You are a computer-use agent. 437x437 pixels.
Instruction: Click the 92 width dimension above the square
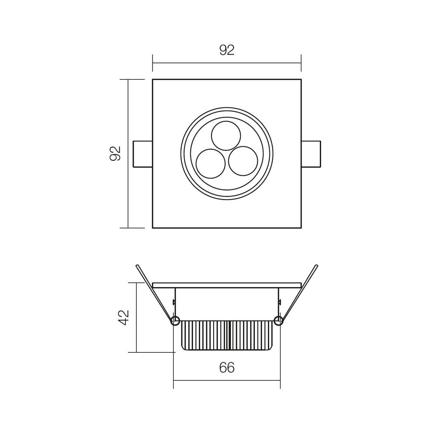point(227,50)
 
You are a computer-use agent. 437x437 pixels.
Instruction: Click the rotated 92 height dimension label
point(115,153)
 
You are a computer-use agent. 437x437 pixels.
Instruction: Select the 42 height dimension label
point(124,317)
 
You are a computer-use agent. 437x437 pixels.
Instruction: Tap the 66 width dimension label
point(227,368)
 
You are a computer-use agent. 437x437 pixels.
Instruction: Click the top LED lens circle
point(226,135)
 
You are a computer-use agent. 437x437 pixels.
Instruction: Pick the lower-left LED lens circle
point(211,163)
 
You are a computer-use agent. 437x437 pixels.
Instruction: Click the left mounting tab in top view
point(143,154)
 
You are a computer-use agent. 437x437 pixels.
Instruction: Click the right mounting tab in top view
point(311,154)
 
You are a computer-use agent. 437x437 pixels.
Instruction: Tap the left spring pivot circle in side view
point(175,321)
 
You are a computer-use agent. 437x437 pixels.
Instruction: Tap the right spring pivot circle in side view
point(278,321)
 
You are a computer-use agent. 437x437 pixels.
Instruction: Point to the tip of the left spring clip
point(137,266)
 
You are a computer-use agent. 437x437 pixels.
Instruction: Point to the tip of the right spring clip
point(316,266)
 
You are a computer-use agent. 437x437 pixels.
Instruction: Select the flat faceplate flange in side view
point(227,285)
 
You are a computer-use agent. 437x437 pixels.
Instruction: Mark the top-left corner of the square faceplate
point(153,80)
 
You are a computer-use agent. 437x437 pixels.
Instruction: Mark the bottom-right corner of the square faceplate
point(301,228)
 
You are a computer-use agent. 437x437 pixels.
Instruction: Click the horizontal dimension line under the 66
point(227,380)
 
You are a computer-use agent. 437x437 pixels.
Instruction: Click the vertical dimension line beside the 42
point(136,317)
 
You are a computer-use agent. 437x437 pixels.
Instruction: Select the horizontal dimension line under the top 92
point(227,63)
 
